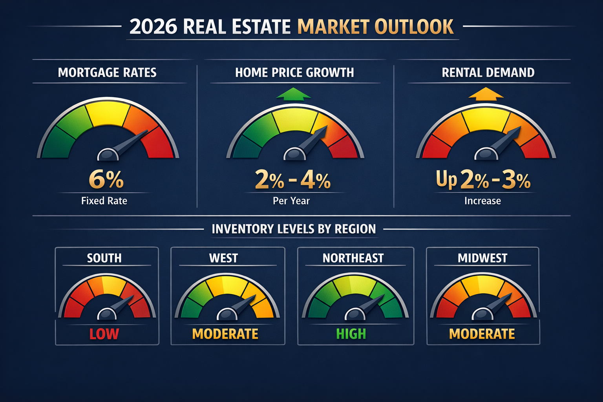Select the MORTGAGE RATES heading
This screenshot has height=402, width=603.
(107, 73)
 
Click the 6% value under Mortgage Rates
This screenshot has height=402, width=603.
(106, 179)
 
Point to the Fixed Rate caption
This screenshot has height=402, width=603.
(104, 201)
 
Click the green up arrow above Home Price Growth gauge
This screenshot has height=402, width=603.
(293, 94)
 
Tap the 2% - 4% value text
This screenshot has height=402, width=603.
(292, 180)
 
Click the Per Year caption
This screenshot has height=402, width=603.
(291, 201)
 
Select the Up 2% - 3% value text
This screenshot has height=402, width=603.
(483, 180)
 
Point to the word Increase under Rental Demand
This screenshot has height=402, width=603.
(482, 201)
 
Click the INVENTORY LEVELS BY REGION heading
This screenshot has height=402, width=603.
(294, 229)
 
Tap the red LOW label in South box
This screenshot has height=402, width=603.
(104, 334)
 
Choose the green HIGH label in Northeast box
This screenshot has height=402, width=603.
(351, 334)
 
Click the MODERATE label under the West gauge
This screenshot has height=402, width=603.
(225, 334)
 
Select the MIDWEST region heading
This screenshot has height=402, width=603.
(482, 258)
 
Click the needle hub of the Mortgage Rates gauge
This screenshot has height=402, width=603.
(108, 155)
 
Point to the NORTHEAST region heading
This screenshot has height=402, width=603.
(353, 258)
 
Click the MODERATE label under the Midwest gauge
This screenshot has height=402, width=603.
(482, 334)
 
